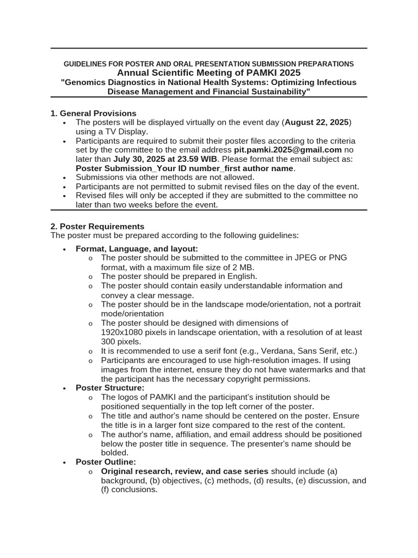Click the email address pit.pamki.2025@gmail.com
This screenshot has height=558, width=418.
tap(287, 150)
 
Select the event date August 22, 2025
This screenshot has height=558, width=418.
tap(317, 122)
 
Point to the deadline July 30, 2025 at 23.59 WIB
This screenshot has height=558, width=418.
tap(165, 159)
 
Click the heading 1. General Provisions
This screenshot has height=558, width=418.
tap(93, 113)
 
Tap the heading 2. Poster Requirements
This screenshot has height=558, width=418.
tap(97, 226)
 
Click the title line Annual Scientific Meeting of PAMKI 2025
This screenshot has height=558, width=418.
tap(208, 73)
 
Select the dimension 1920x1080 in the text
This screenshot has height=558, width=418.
tap(126, 332)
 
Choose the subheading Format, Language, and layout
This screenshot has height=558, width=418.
tap(137, 248)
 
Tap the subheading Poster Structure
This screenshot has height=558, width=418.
tap(110, 388)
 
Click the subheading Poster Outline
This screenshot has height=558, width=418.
tap(106, 462)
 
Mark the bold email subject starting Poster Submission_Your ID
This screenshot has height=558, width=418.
tap(185, 168)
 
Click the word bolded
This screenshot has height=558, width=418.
tap(115, 453)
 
